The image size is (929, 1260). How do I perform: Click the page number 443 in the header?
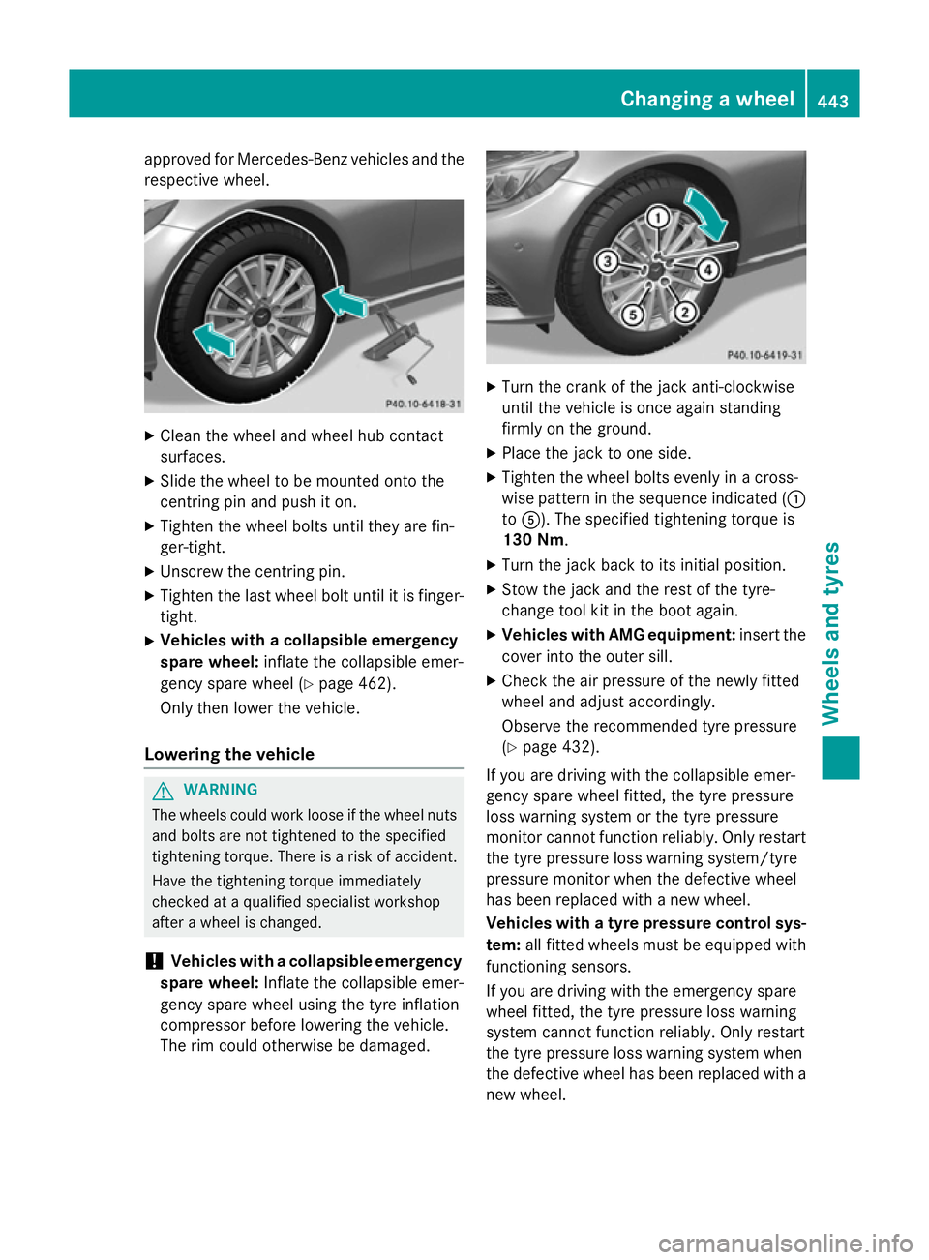tap(832, 101)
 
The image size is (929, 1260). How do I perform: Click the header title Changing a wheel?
tap(706, 99)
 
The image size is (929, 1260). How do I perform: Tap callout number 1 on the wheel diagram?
tap(658, 217)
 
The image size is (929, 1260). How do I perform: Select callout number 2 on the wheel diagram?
tap(685, 311)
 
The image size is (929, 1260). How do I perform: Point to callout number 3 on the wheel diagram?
tap(608, 261)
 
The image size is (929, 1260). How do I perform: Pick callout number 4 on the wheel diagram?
tap(709, 269)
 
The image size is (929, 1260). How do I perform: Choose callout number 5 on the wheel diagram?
tap(633, 315)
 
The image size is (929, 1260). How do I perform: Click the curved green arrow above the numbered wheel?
tap(708, 213)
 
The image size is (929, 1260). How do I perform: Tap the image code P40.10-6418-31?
tap(423, 404)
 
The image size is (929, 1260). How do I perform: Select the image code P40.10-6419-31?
tap(764, 355)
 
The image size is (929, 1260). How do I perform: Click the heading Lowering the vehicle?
tap(229, 754)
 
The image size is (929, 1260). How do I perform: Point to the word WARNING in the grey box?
tap(221, 790)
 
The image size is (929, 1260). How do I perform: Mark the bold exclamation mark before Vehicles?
tap(152, 961)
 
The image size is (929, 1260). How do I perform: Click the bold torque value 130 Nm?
tap(533, 540)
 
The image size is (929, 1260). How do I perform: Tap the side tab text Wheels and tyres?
tap(830, 633)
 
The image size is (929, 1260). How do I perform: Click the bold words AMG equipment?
tap(672, 635)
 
